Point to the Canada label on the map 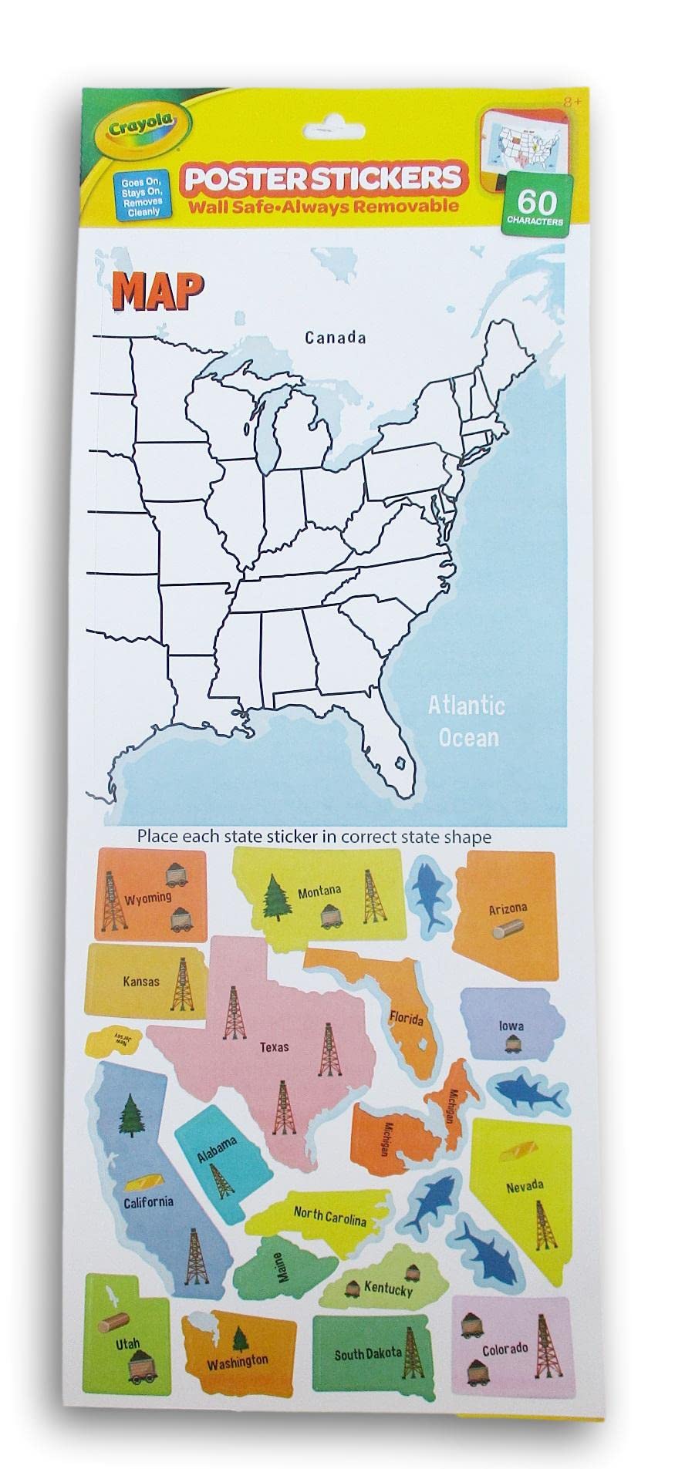[334, 337]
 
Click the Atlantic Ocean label [467, 720]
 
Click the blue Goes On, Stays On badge [139, 196]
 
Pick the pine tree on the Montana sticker [275, 898]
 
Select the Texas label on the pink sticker [275, 1046]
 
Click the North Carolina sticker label [329, 1216]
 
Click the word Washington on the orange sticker [238, 1362]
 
